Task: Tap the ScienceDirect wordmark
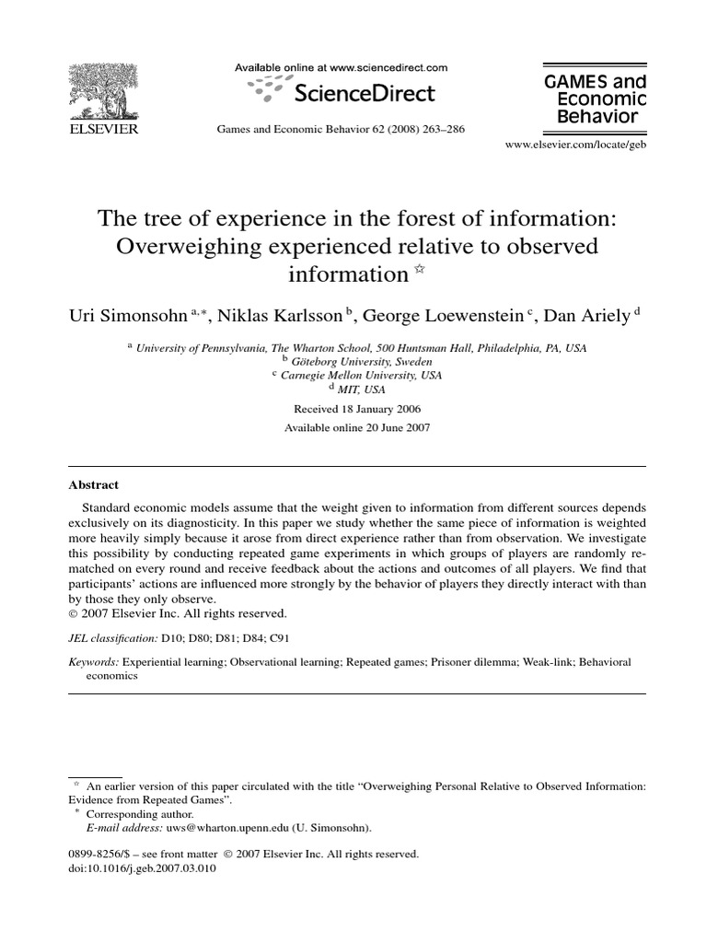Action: pos(364,93)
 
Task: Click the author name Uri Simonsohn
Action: pos(129,316)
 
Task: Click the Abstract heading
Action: pos(94,484)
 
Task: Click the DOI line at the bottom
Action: pos(143,867)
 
